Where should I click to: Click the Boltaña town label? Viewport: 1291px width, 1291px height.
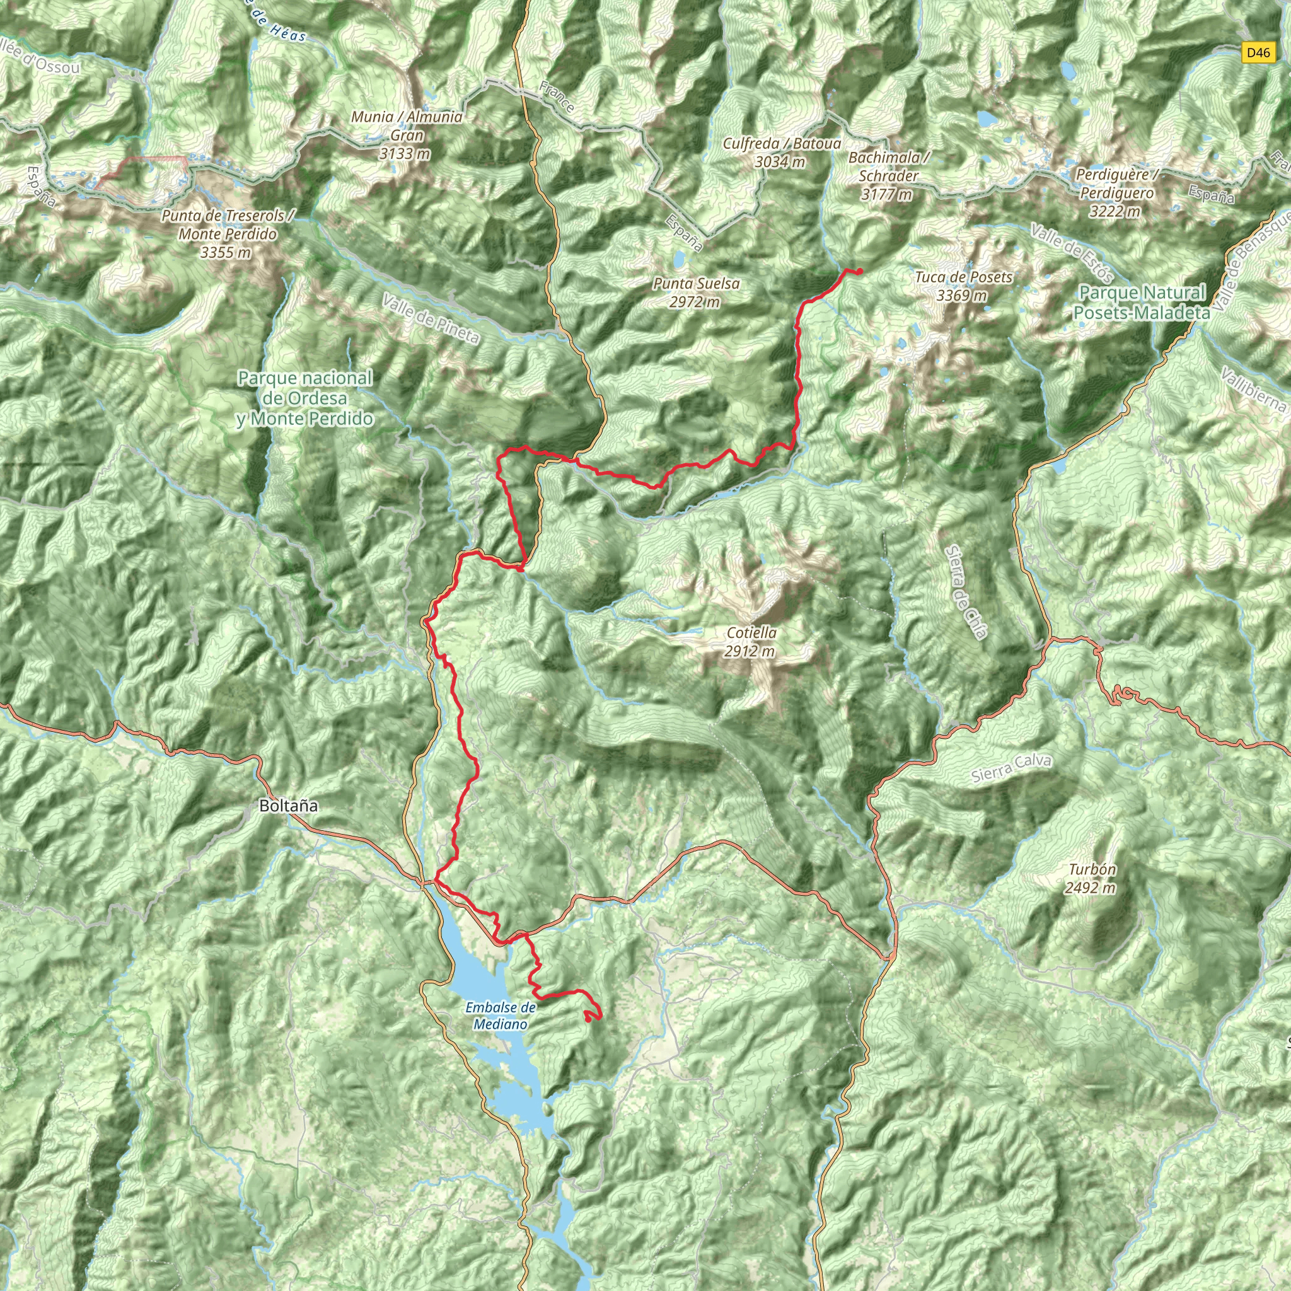click(x=288, y=806)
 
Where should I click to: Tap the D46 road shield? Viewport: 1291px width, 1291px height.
click(x=1258, y=53)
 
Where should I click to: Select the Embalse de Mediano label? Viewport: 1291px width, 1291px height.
click(x=501, y=1016)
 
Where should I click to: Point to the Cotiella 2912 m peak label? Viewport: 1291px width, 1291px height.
click(x=751, y=642)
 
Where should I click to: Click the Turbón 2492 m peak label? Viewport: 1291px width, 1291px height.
click(x=1091, y=878)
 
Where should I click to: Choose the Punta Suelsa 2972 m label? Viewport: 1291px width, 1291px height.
click(x=697, y=292)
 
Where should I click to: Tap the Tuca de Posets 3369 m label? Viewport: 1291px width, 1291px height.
click(x=964, y=286)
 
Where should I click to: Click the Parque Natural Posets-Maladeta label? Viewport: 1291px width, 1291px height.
click(x=1142, y=302)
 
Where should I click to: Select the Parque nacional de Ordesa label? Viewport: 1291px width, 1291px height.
click(x=304, y=398)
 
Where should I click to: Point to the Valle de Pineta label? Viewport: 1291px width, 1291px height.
click(x=431, y=320)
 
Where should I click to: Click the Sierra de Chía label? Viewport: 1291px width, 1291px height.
click(x=966, y=592)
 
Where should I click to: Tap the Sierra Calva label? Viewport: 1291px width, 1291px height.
click(x=1011, y=768)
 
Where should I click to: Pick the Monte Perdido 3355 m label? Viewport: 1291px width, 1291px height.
click(x=227, y=234)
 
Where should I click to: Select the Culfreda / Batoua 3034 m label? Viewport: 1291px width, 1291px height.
click(x=781, y=153)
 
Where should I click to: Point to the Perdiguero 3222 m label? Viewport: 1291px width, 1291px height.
click(x=1115, y=193)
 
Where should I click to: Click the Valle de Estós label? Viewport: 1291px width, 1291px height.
click(x=1071, y=253)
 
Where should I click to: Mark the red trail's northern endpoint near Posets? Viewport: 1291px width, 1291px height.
click(x=859, y=270)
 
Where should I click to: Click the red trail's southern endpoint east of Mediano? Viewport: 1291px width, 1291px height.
click(x=587, y=1019)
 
